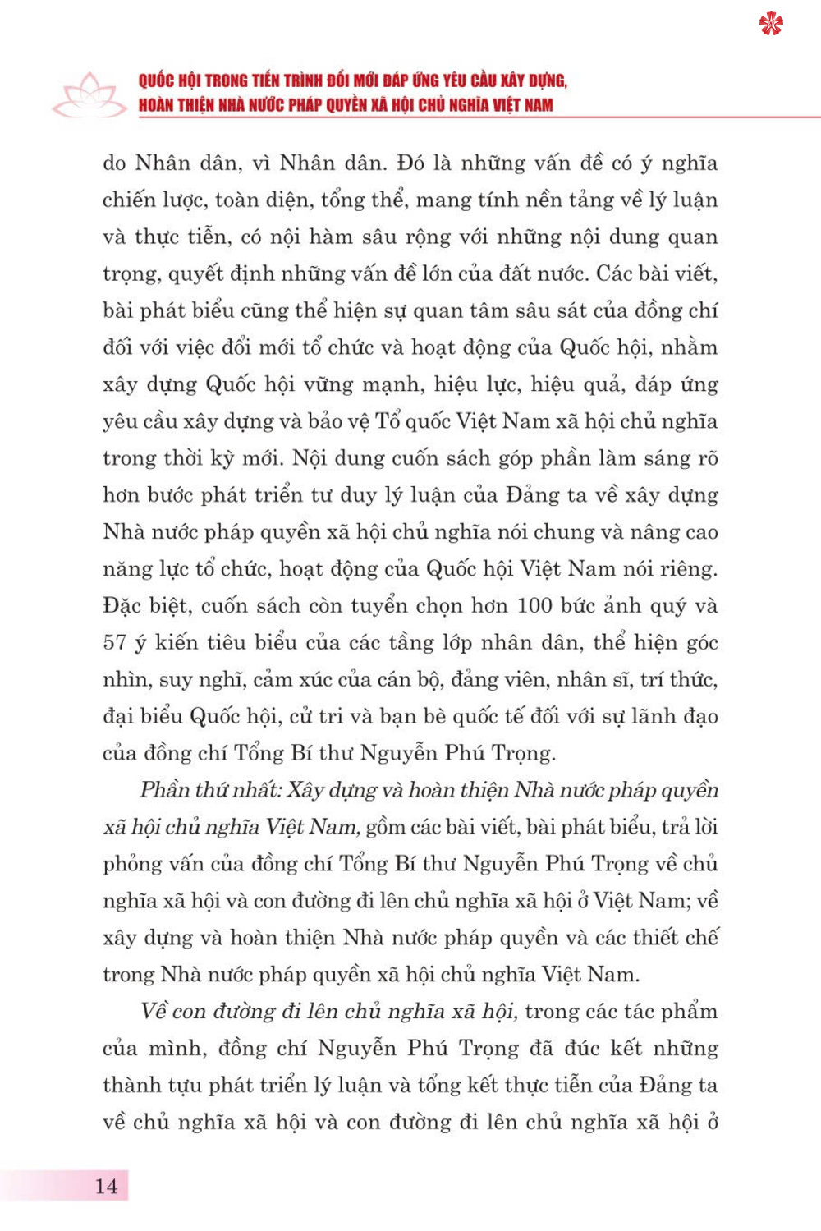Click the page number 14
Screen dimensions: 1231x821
pos(106,1186)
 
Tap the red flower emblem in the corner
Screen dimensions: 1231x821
pos(771,25)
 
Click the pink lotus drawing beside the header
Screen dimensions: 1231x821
pos(89,96)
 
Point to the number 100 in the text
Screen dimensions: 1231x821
pos(534,606)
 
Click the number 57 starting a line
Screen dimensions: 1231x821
pos(114,643)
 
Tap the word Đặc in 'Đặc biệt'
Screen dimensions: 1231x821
pos(122,606)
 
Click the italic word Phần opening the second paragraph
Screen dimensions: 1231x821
pos(164,790)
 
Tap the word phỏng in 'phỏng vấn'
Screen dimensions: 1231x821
pos(131,865)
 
